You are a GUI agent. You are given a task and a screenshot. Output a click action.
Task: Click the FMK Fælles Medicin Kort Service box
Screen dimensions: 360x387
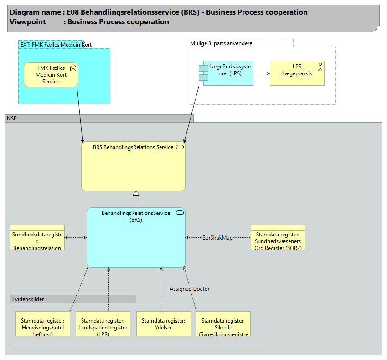(51, 74)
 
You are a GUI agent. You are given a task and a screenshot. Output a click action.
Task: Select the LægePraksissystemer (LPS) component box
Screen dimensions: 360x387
(228, 73)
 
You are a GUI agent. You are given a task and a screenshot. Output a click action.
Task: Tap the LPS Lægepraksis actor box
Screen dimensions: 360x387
(297, 73)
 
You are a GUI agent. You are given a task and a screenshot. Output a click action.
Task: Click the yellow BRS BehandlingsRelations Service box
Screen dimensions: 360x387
(133, 167)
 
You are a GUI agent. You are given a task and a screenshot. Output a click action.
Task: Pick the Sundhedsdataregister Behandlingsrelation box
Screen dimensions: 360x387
(37, 237)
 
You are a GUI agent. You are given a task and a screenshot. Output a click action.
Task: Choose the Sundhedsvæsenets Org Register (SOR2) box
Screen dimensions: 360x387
(278, 237)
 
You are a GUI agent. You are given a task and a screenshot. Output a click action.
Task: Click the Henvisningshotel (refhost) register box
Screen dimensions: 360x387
(43, 324)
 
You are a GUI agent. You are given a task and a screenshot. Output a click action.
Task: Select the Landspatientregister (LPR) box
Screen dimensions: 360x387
(103, 324)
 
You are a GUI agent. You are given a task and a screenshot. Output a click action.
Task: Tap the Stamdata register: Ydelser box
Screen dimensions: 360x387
(164, 324)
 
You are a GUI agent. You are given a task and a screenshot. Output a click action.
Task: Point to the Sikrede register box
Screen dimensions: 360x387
(223, 324)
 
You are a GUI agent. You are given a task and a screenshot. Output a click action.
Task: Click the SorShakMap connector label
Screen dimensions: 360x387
(217, 238)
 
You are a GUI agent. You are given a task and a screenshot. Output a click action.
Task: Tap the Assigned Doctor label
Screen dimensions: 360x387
(190, 289)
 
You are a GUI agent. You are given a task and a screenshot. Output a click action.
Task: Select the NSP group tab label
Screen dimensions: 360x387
(12, 119)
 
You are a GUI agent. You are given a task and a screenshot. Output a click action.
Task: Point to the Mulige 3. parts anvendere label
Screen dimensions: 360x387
(221, 43)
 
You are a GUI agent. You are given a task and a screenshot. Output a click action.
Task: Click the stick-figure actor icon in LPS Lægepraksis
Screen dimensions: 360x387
(320, 67)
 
